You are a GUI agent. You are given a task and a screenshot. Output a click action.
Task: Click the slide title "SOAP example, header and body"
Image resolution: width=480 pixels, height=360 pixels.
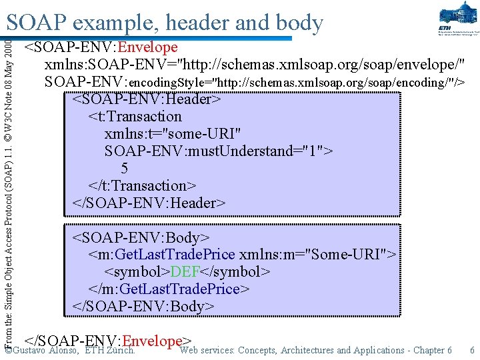(165, 23)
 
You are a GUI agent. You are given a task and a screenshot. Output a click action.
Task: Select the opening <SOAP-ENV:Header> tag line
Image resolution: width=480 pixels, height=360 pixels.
(146, 99)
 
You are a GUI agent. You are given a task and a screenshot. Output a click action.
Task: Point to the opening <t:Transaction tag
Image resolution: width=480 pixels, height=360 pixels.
(135, 117)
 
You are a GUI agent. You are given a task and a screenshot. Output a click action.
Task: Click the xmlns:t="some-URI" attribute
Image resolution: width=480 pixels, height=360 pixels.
(172, 134)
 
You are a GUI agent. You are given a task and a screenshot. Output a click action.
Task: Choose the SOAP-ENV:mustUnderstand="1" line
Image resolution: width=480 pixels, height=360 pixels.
(219, 151)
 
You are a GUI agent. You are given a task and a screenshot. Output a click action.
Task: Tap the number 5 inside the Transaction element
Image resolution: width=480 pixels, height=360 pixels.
(125, 169)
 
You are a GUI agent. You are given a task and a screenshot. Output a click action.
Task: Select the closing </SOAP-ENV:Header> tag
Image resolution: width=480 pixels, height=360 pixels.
(149, 203)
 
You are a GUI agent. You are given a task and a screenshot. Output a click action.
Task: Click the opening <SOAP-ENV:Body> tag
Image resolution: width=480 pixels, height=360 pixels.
(141, 238)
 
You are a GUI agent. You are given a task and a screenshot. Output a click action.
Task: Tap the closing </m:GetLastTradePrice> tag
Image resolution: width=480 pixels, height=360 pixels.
(169, 289)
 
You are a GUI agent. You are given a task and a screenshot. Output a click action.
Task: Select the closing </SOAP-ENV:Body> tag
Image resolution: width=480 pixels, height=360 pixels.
(143, 306)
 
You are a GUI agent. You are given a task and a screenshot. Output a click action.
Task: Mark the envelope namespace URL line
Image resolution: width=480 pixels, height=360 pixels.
(254, 65)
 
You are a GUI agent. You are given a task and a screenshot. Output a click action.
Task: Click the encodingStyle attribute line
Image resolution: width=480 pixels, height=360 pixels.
(254, 82)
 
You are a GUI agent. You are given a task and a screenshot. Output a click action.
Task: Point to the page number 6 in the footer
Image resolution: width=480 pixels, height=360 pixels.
(472, 350)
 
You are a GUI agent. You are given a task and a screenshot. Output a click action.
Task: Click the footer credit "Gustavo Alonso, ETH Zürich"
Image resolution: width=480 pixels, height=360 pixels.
(73, 351)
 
